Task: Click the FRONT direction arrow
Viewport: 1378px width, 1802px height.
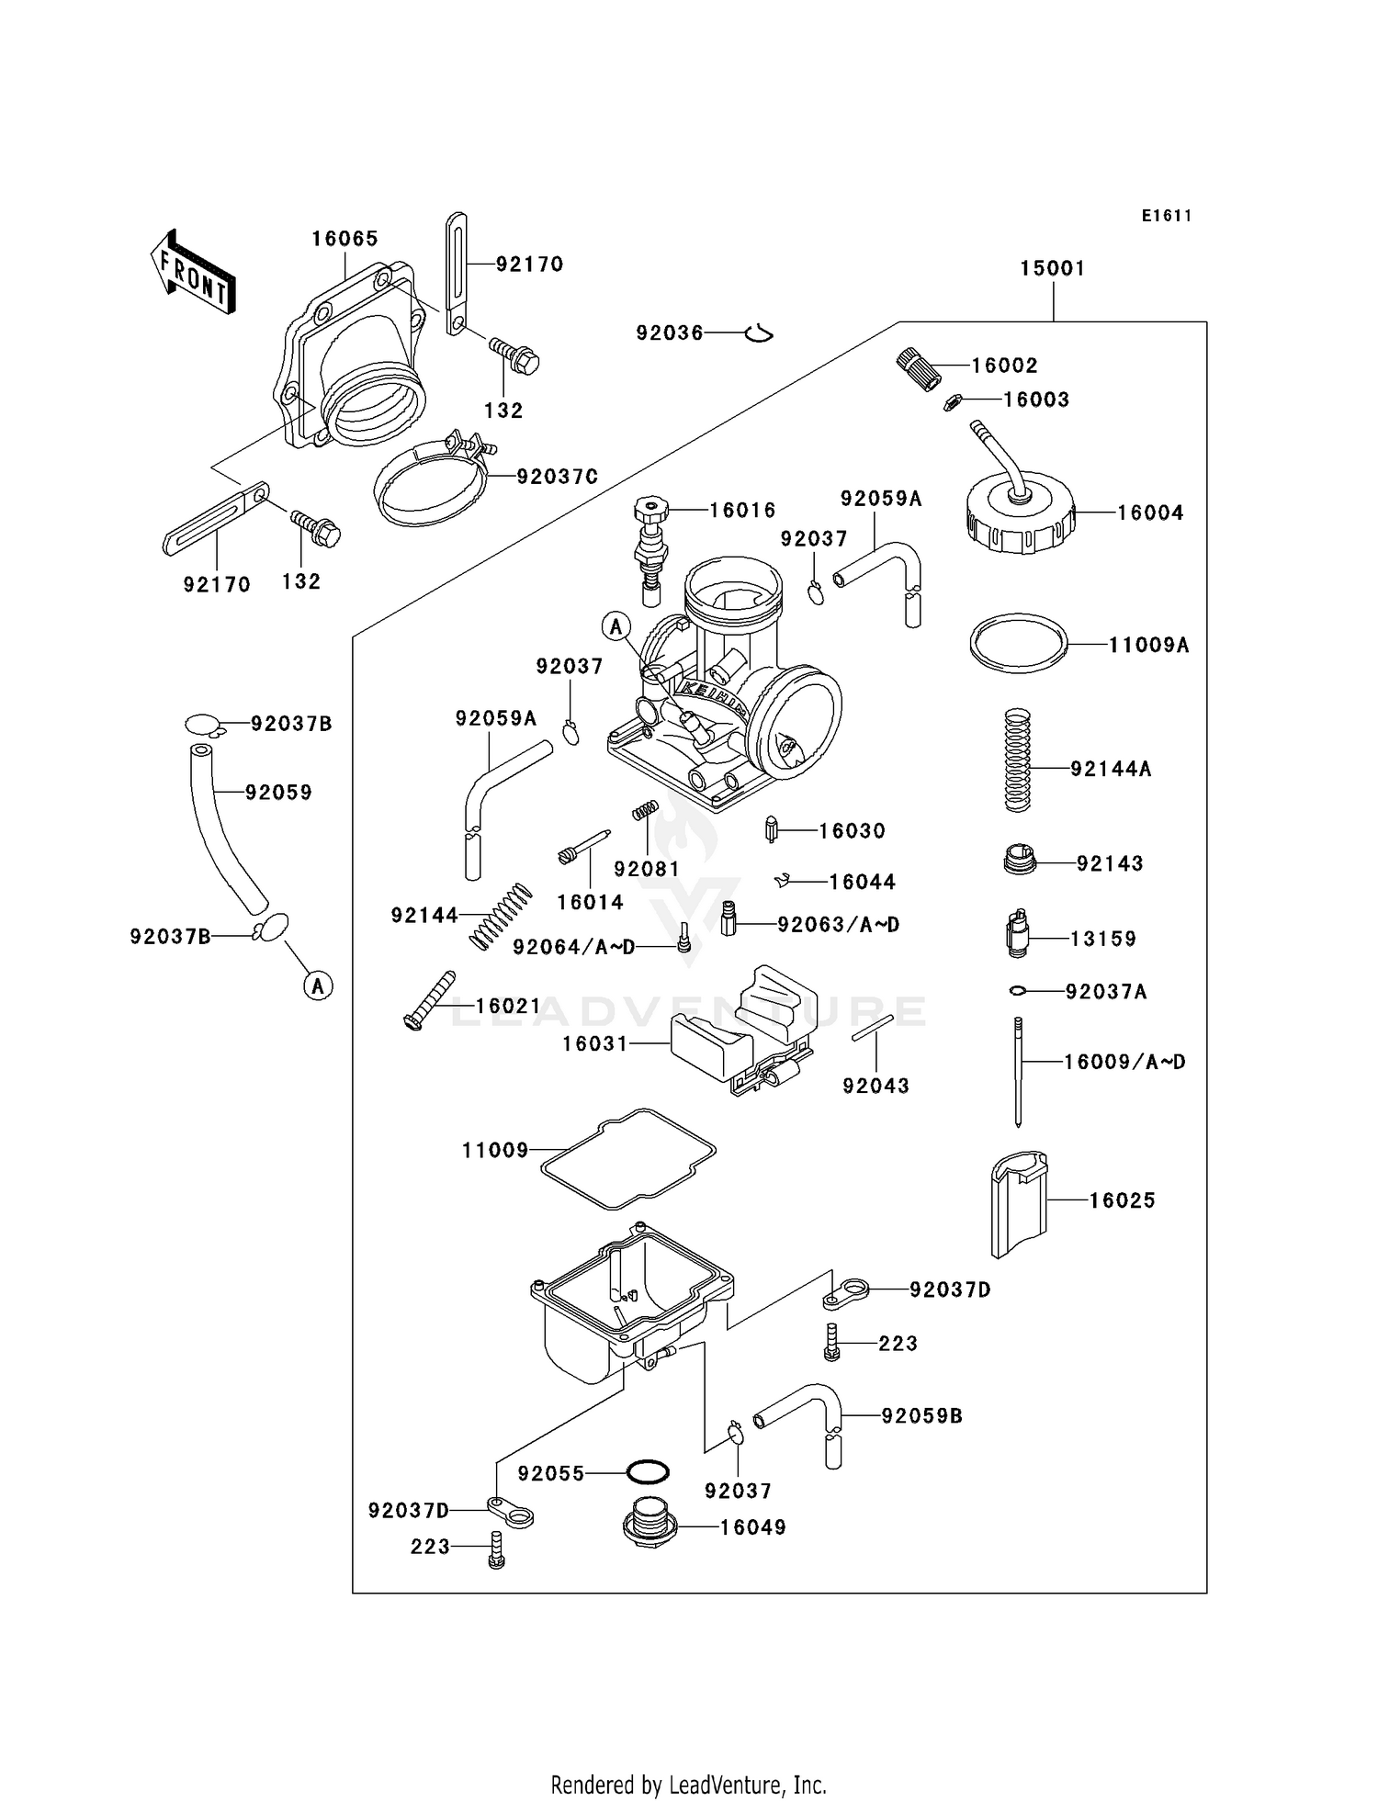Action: click(x=193, y=273)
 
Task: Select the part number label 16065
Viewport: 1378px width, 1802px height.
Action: click(x=344, y=239)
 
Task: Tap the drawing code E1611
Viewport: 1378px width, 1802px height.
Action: click(x=1166, y=216)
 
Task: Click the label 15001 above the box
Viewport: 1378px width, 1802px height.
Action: click(x=1052, y=268)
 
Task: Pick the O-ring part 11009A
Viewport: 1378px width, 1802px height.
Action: click(x=1018, y=643)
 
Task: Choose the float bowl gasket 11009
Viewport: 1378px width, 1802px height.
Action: click(x=627, y=1159)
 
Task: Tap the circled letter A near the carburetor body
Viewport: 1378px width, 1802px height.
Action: click(x=616, y=627)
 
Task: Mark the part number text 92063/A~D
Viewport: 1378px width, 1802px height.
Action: click(x=838, y=924)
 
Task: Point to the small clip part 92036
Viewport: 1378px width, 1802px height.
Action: click(x=758, y=333)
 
